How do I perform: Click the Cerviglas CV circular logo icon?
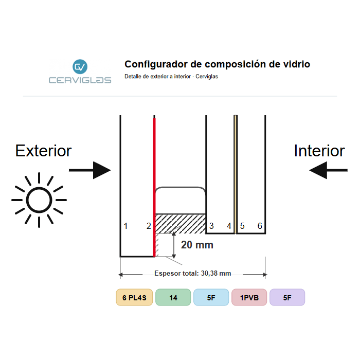(80, 66)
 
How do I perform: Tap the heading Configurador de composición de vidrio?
(217, 64)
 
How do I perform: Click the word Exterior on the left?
(43, 151)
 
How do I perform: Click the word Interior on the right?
(319, 151)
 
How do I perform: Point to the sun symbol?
(39, 200)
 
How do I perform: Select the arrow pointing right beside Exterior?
(90, 170)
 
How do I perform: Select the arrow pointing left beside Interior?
(328, 170)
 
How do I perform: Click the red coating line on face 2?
(154, 187)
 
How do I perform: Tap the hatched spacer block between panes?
(181, 224)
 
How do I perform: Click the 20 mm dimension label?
(197, 245)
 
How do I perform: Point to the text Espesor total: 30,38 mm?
(193, 273)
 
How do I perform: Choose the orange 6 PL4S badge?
(134, 297)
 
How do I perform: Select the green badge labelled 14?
(173, 297)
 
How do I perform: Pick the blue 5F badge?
(211, 297)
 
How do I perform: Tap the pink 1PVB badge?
(249, 297)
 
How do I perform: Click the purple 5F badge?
(287, 297)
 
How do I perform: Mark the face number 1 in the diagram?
(125, 226)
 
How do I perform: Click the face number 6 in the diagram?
(260, 226)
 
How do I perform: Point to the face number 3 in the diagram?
(211, 226)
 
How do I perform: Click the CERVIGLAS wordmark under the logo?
(80, 80)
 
